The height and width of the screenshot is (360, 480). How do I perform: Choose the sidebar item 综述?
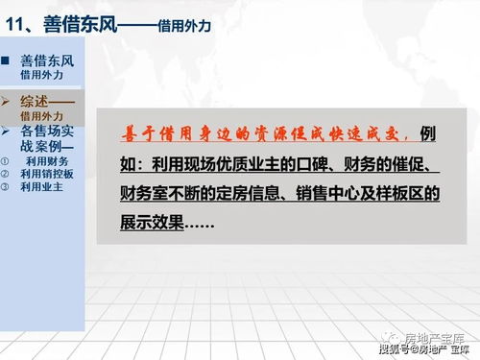[38, 101]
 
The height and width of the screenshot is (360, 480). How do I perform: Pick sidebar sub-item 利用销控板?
[46, 174]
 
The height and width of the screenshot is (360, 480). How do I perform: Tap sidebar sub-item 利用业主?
[41, 186]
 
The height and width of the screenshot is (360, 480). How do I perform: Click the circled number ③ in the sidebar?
[5, 186]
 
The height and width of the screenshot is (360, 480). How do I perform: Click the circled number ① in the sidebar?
[5, 161]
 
